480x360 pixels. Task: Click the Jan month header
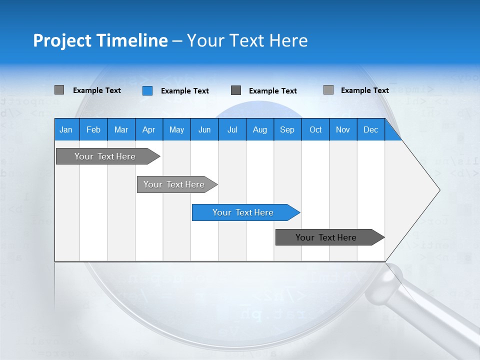pyautogui.click(x=66, y=129)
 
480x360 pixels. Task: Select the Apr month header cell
pyautogui.click(x=148, y=129)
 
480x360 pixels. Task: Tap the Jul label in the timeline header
pyautogui.click(x=232, y=129)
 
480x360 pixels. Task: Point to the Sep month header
pyautogui.click(x=287, y=129)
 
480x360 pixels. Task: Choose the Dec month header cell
pyautogui.click(x=370, y=129)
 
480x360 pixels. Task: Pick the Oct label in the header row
pyautogui.click(x=315, y=129)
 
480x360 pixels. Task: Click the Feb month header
pyautogui.click(x=93, y=129)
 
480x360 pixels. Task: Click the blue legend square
pyautogui.click(x=147, y=90)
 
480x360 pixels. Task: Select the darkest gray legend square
pyautogui.click(x=236, y=90)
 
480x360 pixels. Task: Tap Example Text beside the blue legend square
pyautogui.click(x=184, y=91)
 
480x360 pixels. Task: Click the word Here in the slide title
pyautogui.click(x=288, y=40)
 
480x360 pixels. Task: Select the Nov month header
pyautogui.click(x=343, y=129)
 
